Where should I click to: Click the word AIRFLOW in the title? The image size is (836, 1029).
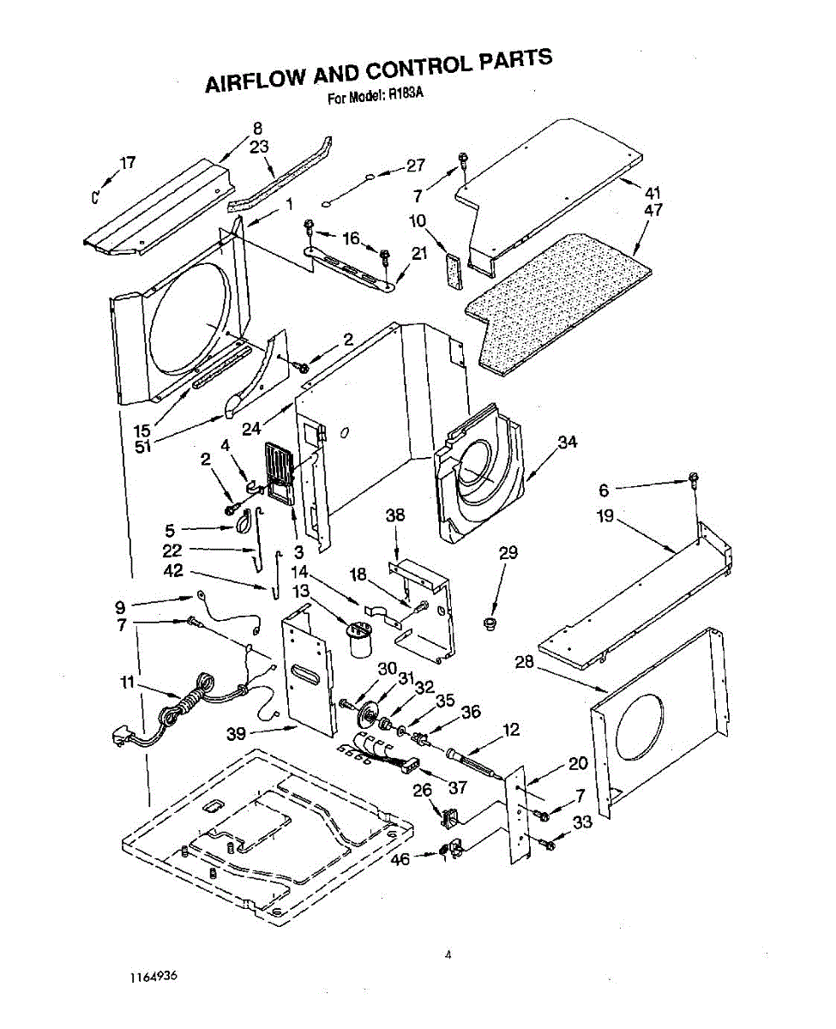point(255,79)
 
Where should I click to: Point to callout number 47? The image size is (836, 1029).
point(653,210)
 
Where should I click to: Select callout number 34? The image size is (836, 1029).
point(567,442)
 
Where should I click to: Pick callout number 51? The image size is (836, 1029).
point(143,446)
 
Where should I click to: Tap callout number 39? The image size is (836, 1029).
point(237,734)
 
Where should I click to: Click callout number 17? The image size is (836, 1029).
point(127,163)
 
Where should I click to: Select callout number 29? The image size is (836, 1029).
point(508,553)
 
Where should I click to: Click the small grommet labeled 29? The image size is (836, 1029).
point(491,620)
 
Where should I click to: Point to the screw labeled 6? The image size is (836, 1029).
point(692,480)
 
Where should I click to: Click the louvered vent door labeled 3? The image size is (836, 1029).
point(278,471)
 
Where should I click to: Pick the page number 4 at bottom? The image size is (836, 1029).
point(448,954)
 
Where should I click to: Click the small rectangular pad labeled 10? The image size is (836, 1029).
point(454,271)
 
